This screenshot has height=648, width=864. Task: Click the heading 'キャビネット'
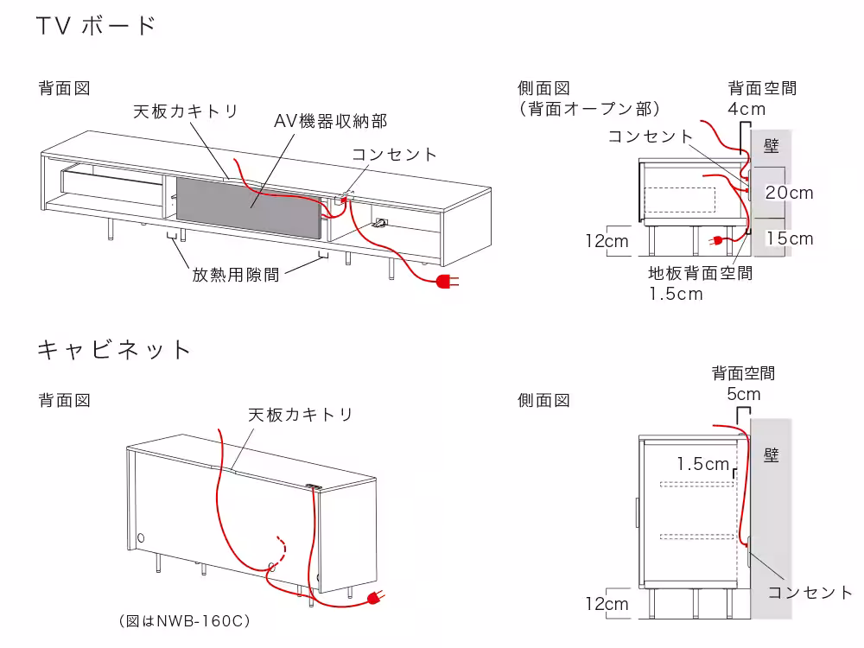pos(114,350)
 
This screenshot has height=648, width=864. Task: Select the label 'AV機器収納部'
pos(330,121)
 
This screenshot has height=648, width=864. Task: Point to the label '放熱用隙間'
pos(235,275)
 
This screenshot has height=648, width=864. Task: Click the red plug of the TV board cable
pos(447,281)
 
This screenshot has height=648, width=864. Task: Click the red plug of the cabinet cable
pos(375,598)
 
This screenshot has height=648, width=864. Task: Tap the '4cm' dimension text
pos(746,110)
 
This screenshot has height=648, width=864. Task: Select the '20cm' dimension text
pos(790,193)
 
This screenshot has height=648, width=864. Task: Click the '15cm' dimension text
pos(790,238)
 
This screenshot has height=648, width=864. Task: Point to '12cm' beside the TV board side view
pos(607,241)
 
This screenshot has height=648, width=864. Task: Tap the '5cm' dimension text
pos(744,395)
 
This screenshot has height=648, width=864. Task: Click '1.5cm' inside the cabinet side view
pos(703,464)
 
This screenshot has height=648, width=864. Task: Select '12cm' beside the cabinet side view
pos(607,604)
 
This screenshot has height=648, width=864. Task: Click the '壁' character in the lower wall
pos(772,454)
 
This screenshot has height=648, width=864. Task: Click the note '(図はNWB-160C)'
pos(184,620)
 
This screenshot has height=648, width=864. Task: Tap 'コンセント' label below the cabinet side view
pos(810,592)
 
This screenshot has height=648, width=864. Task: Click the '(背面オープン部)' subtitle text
pos(591,109)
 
